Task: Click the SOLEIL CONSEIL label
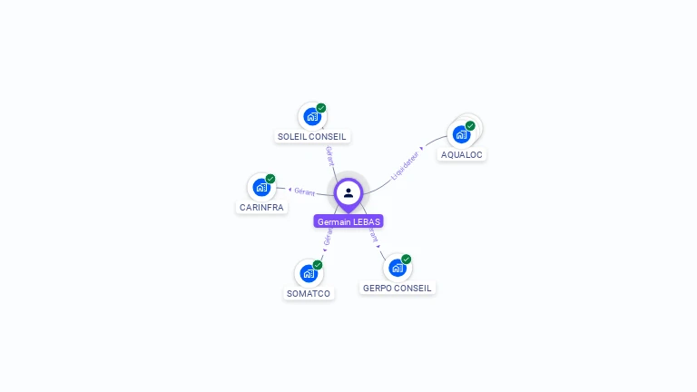312,137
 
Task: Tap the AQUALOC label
462,154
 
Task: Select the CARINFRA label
261,207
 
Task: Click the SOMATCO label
309,293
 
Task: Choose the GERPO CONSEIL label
398,288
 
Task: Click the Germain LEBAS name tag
348,221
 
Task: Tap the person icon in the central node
348,192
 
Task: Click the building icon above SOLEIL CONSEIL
311,117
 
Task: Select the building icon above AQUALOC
461,134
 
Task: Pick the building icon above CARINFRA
261,188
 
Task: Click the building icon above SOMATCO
309,273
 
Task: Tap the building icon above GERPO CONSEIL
397,268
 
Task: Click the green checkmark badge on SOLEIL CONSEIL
321,108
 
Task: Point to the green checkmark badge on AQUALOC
470,126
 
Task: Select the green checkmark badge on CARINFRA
270,179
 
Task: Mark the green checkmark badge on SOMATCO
318,264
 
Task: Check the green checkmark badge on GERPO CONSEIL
407,260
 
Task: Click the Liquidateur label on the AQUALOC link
406,162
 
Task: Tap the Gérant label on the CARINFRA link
304,191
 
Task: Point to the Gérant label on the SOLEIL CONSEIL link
329,155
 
